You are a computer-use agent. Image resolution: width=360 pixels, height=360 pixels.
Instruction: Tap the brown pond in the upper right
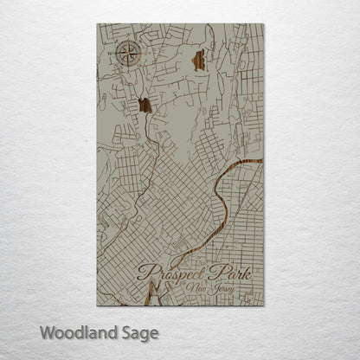click(x=199, y=61)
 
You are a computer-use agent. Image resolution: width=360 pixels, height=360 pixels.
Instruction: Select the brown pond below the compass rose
click(x=145, y=106)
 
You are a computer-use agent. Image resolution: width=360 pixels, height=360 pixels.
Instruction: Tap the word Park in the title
click(x=232, y=273)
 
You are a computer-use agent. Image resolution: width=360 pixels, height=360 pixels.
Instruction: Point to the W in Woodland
click(x=47, y=331)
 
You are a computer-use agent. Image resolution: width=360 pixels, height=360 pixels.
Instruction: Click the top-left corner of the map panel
click(x=97, y=24)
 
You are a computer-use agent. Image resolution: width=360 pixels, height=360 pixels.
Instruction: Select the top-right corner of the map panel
click(x=263, y=24)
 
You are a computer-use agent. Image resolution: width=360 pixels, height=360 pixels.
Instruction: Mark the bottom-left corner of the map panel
click(x=97, y=305)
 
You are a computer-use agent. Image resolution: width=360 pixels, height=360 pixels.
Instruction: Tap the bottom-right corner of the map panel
click(x=263, y=305)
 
